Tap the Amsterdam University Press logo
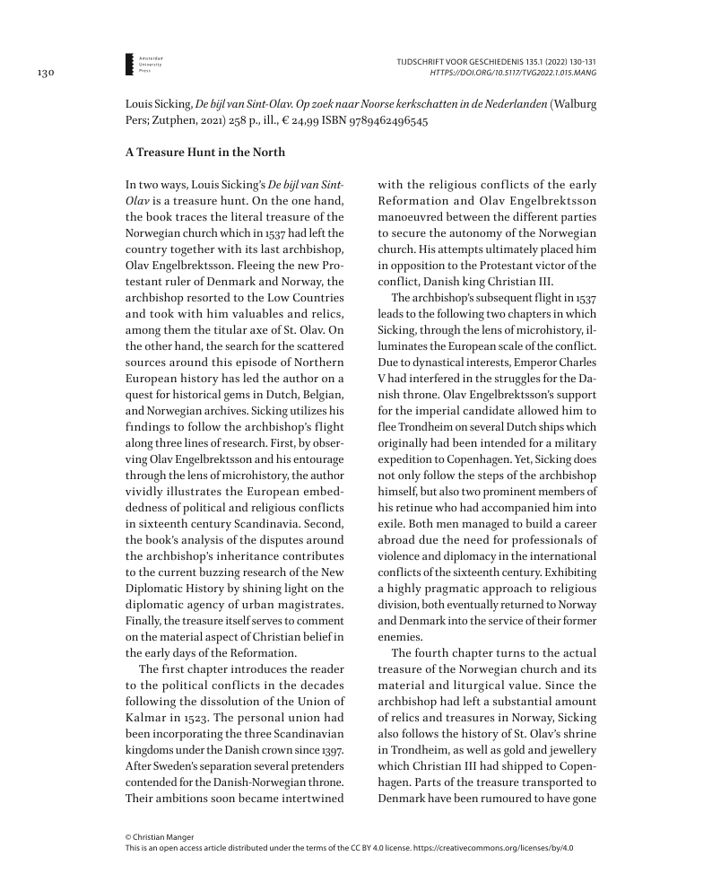pyautogui.click(x=136, y=64)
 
